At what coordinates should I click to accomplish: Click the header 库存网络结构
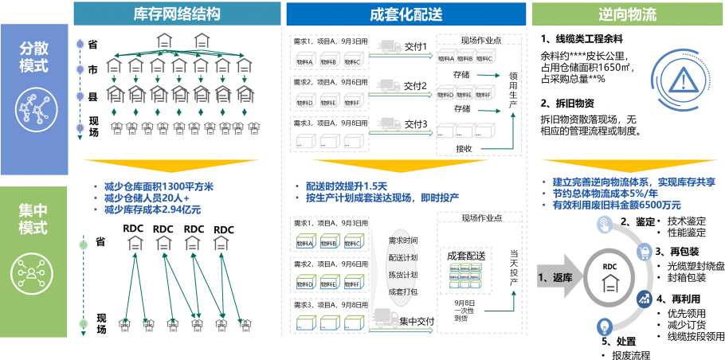click(x=177, y=14)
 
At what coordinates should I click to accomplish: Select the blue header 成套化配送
click(x=405, y=14)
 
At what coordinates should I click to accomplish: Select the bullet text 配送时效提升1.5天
click(x=351, y=186)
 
